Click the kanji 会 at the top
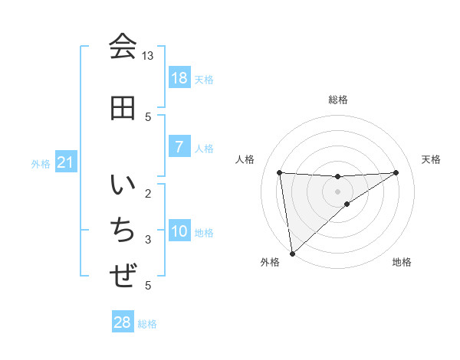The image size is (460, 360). click(123, 46)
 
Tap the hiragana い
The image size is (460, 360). click(123, 186)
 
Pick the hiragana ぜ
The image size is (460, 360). click(123, 274)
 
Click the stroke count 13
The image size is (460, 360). click(148, 56)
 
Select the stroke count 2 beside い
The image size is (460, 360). click(148, 193)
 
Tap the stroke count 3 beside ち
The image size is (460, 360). click(148, 240)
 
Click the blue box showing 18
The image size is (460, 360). click(179, 77)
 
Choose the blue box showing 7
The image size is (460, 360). click(179, 147)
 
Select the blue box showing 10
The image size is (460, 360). click(179, 231)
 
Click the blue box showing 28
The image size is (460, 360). click(123, 322)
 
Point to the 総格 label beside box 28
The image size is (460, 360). click(147, 324)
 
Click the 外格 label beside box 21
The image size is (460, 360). click(41, 163)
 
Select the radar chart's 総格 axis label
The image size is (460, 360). click(338, 100)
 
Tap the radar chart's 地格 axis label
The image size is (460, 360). click(402, 263)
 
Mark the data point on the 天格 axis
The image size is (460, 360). click(396, 172)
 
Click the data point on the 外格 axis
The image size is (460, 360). click(291, 254)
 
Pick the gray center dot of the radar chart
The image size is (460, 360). click(338, 191)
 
